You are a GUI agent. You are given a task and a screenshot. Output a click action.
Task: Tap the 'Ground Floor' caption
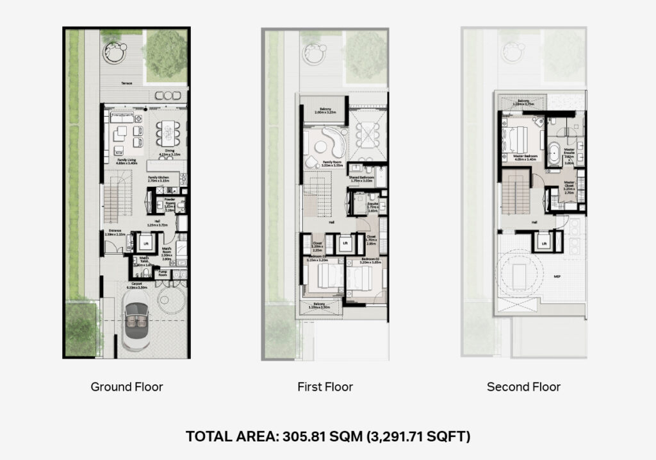click(x=126, y=387)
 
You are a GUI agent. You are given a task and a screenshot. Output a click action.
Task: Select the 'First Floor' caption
click(x=325, y=387)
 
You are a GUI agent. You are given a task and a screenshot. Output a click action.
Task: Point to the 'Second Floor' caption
click(x=523, y=387)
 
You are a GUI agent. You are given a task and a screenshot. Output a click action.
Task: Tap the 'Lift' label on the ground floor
click(x=145, y=243)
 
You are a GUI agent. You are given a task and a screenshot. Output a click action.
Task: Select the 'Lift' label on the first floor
click(x=345, y=243)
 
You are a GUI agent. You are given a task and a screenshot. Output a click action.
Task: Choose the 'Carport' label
click(x=136, y=283)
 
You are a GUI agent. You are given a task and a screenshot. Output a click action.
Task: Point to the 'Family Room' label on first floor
click(x=331, y=162)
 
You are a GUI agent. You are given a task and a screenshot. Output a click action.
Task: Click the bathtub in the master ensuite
click(x=552, y=151)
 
